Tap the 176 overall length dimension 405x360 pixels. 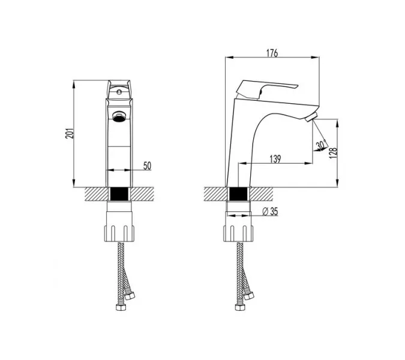tap(272, 53)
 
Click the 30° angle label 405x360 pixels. tap(322, 145)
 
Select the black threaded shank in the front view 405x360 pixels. tap(119, 195)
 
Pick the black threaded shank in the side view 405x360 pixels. tap(238, 195)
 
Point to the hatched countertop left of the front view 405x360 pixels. tap(94, 194)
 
